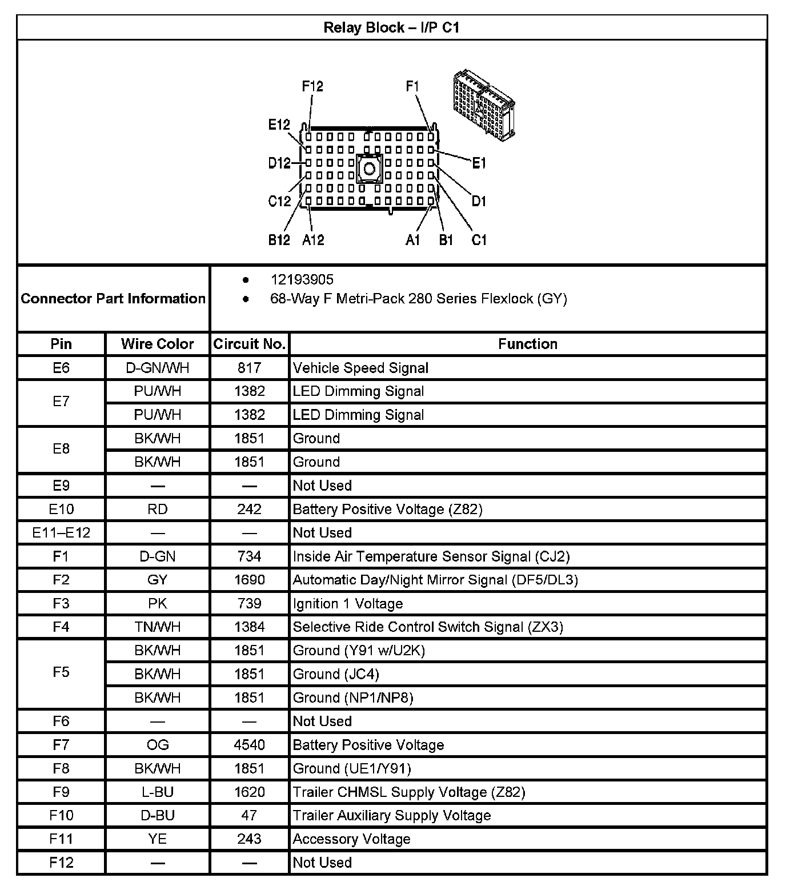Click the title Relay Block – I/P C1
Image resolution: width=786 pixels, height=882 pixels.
coord(391,27)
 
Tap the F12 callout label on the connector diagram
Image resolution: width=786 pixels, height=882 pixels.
coord(312,86)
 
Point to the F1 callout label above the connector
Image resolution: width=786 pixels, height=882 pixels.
coord(412,86)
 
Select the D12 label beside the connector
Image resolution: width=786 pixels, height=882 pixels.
coord(279,163)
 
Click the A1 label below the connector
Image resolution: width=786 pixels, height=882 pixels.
coord(412,240)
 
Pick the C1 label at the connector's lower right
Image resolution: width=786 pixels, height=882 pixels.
coord(479,240)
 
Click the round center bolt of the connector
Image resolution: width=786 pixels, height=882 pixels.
coord(369,169)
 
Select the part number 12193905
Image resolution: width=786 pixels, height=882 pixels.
coord(302,280)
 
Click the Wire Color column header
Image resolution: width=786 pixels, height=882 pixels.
coord(158,344)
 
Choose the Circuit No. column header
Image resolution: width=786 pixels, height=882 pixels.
coord(249,344)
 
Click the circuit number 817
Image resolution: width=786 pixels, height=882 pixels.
coord(249,368)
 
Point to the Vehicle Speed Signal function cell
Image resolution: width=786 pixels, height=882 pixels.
coord(360,368)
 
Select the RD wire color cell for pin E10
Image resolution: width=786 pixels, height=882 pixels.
coord(158,509)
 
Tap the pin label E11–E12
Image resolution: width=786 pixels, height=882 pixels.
coord(61,533)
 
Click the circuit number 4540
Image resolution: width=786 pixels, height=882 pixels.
coord(249,745)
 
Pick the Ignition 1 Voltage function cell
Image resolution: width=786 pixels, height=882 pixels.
coord(348,604)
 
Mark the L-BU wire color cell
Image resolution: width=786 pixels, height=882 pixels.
coord(158,792)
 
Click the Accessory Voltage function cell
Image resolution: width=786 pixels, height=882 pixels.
coord(351,839)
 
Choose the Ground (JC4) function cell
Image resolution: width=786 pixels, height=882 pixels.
coord(336,674)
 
